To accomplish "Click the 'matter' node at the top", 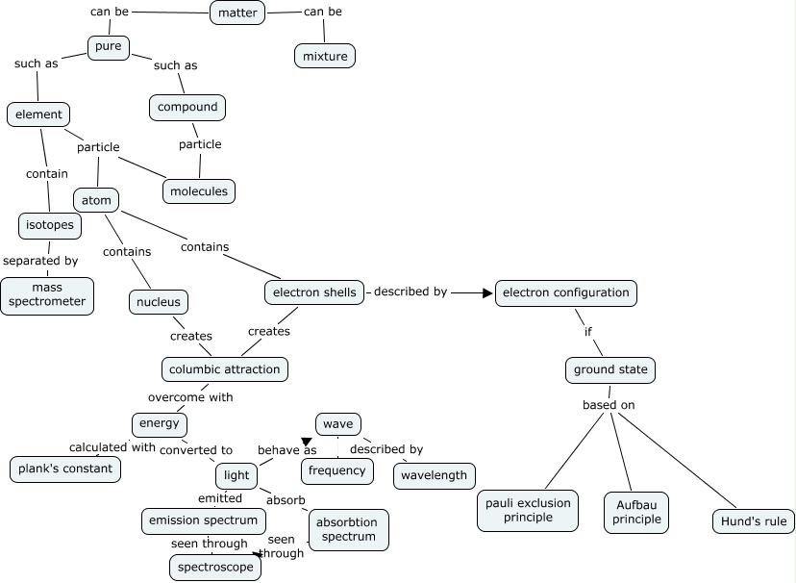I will (x=237, y=13).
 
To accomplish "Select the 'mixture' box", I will (x=325, y=56).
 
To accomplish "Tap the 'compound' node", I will (x=187, y=107).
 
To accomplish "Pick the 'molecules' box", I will (x=199, y=190).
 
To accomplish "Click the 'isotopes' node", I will (x=49, y=225).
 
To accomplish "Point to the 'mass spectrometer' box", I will (x=47, y=295).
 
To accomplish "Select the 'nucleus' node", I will (x=158, y=302).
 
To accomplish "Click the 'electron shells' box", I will (x=314, y=291).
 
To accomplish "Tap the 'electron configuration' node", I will (x=566, y=292).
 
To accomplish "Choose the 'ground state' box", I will (x=609, y=369).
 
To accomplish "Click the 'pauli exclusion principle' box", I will (x=528, y=510).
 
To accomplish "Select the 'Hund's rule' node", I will (x=754, y=521).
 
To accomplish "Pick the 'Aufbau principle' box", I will (x=635, y=512).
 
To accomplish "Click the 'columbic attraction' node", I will (x=224, y=368).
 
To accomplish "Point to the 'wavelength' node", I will (x=434, y=475).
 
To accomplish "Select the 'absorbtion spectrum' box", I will (x=349, y=529).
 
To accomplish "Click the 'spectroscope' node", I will (x=216, y=568).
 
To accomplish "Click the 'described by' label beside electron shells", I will (x=410, y=291).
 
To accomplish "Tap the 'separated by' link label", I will (x=40, y=260).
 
